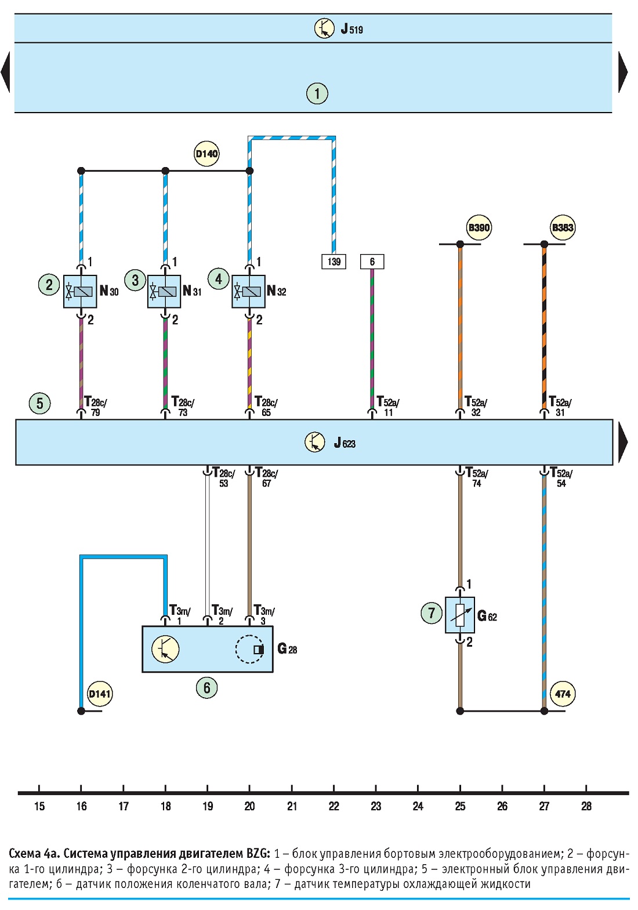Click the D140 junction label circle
(x=206, y=154)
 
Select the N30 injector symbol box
(x=80, y=291)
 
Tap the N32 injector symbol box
(x=248, y=291)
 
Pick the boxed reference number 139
(x=333, y=262)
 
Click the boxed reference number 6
(x=372, y=262)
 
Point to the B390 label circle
(x=478, y=227)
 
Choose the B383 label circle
(x=563, y=227)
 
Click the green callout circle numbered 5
(x=40, y=404)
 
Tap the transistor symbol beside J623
(x=314, y=442)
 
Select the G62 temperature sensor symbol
(x=459, y=615)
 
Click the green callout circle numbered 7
(x=431, y=612)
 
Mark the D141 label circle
(x=100, y=694)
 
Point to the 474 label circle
(x=563, y=694)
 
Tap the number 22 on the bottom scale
(x=333, y=806)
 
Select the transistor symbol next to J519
(x=324, y=28)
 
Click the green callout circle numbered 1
(x=317, y=93)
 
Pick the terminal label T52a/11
(x=387, y=406)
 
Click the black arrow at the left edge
(x=5, y=72)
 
